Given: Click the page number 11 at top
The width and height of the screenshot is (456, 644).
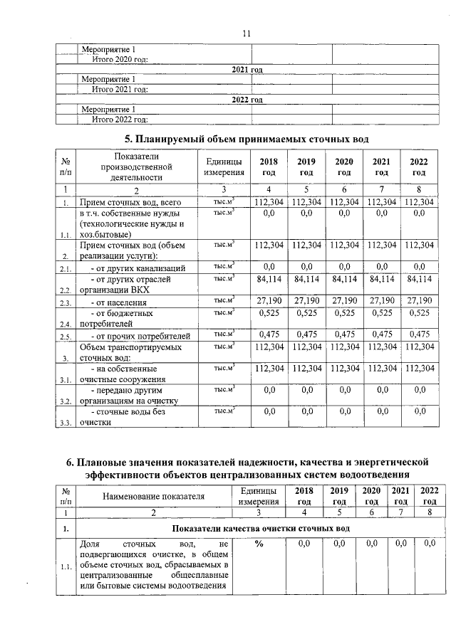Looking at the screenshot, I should pos(246,33).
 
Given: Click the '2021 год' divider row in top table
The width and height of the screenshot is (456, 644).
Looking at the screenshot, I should pos(247,70).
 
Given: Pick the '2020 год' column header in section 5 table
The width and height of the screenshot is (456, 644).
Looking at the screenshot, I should pos(344,167).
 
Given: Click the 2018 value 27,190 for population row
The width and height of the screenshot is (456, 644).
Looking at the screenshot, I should pos(269,301).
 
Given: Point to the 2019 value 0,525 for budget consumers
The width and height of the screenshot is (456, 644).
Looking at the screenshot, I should pos(306,312).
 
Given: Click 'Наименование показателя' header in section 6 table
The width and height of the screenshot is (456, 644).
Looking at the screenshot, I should pos(153,495).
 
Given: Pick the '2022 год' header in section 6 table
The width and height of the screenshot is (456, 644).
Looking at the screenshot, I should pos(430,495).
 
